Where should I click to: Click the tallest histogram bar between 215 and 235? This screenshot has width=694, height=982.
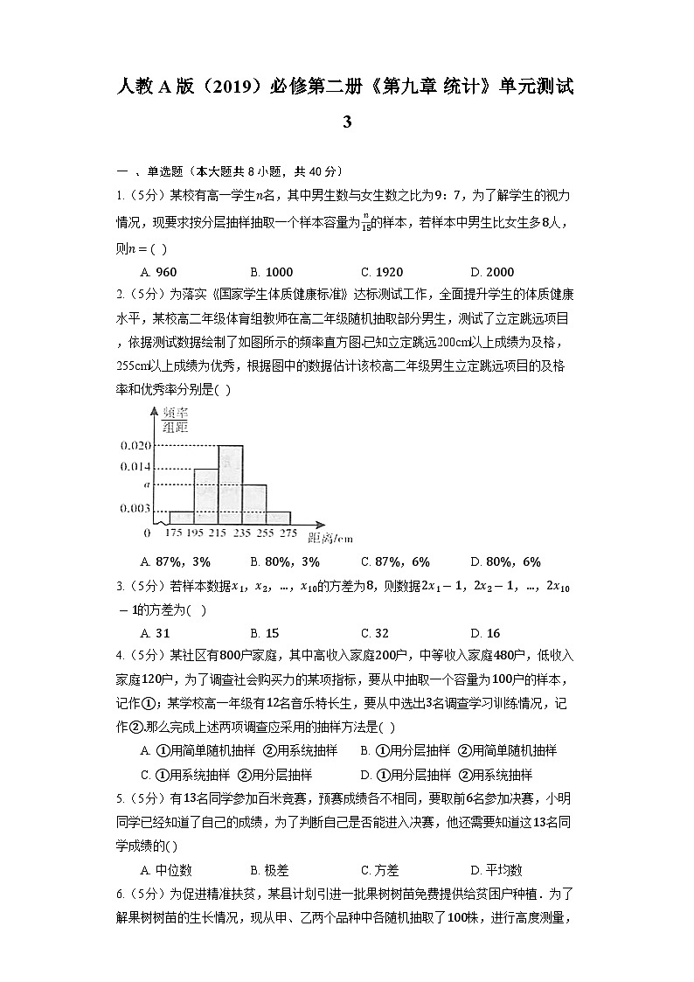click(230, 484)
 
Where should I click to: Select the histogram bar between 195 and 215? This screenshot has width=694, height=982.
click(205, 496)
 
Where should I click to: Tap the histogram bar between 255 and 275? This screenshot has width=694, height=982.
click(278, 518)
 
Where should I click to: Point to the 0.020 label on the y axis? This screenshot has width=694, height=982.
click(135, 446)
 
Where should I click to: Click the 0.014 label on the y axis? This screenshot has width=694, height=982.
click(135, 468)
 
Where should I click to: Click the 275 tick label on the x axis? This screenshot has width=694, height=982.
click(289, 533)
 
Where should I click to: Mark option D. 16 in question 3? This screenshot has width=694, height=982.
click(485, 633)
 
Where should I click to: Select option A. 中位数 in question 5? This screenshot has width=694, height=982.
click(166, 869)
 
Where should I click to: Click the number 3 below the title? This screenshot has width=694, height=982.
click(347, 122)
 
